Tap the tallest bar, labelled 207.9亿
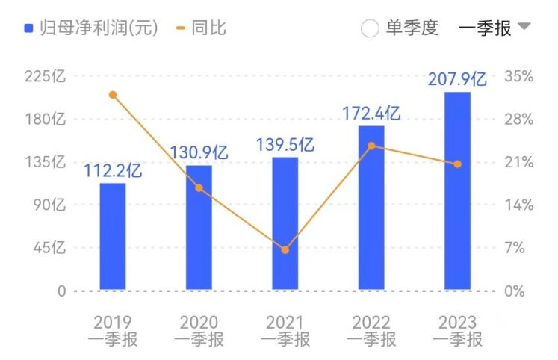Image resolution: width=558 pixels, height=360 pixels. [457, 190]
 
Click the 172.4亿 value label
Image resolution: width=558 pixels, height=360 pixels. [371, 114]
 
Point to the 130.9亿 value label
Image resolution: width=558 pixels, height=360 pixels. [199, 153]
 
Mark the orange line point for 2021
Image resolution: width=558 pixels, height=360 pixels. [285, 249]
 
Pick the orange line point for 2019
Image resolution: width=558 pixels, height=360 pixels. [113, 95]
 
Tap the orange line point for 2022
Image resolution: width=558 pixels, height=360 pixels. [371, 146]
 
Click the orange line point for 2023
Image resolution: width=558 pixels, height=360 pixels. [457, 164]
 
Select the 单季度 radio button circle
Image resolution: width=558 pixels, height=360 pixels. [370, 29]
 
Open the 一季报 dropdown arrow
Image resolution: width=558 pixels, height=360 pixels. [524, 27]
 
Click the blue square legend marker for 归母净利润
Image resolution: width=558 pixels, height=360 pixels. [28, 29]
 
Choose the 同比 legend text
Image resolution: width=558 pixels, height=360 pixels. [208, 28]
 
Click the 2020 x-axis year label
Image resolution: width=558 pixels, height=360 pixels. [199, 323]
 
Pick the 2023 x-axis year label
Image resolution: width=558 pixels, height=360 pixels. [457, 323]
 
